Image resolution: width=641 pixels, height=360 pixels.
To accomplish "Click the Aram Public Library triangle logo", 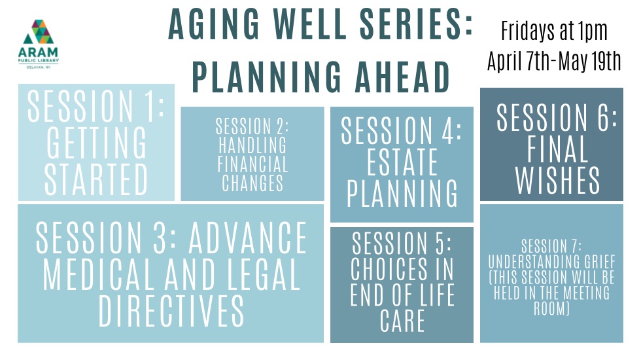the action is point(39,31).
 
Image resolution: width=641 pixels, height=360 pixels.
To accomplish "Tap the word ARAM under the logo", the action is point(39,52).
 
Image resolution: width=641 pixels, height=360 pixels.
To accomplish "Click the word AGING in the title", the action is point(214,24).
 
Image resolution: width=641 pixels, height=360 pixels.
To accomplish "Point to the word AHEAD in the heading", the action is point(402,77).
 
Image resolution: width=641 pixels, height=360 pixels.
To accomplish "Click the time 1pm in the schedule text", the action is point(593,31).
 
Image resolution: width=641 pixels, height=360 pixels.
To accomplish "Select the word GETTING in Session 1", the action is point(97,143).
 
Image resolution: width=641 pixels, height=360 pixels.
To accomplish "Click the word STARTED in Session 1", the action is point(96,179).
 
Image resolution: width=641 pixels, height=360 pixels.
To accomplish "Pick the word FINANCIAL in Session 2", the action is point(252,164).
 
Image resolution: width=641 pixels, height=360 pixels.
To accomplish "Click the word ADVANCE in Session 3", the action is point(247,238).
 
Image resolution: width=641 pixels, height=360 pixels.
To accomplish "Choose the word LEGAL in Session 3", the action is point(264,274).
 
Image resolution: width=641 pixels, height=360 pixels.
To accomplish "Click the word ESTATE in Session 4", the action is point(402,162).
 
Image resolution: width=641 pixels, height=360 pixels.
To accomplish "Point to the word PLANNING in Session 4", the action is point(402,193).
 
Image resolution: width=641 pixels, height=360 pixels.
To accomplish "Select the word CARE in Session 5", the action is point(402,321).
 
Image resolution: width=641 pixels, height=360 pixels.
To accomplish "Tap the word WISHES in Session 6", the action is point(557,180).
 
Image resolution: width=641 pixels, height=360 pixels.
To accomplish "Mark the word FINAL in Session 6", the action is point(557,149).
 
